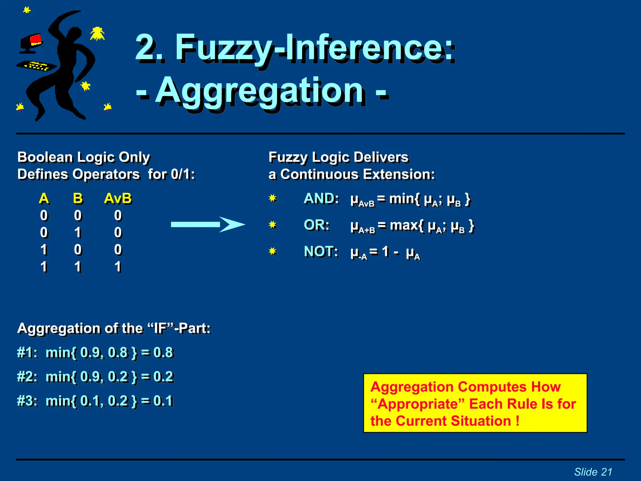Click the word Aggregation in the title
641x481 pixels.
[260, 91]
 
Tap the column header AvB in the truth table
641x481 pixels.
[118, 199]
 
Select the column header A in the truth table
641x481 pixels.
[44, 199]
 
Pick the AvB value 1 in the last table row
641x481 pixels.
[118, 267]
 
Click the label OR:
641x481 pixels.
[316, 225]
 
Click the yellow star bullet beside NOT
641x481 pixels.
[273, 251]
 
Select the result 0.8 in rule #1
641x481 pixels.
[163, 353]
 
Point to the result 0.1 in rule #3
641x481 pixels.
[163, 401]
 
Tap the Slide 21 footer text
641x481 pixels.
[593, 472]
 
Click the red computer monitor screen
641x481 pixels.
[35, 39]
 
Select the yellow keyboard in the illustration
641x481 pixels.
[37, 66]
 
